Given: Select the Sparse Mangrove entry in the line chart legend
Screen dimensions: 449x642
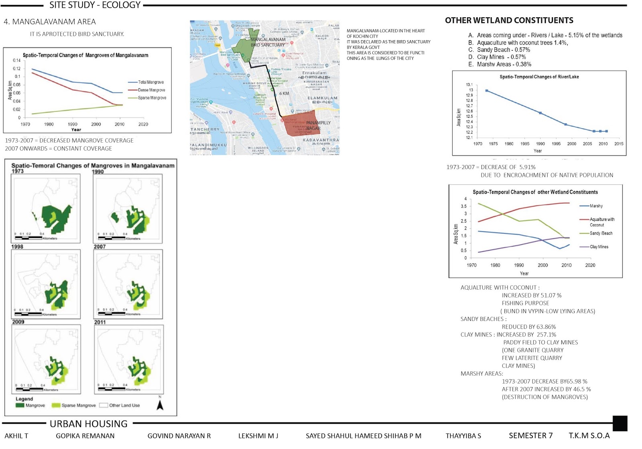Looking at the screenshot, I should [x=152, y=98].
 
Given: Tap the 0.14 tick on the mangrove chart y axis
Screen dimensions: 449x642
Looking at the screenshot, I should [x=16, y=61].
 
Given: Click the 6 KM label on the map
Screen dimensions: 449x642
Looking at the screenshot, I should [x=284, y=94].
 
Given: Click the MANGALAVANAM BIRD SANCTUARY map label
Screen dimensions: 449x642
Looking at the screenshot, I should [x=268, y=42].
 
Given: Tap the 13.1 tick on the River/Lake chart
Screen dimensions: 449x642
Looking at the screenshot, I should [x=469, y=85].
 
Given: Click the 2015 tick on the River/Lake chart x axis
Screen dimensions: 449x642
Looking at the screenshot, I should [x=618, y=143].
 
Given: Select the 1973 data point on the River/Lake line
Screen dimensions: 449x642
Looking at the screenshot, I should [x=487, y=91].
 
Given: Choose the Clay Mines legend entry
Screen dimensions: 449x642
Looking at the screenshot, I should [x=599, y=247].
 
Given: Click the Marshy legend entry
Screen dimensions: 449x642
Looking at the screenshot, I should [x=596, y=206].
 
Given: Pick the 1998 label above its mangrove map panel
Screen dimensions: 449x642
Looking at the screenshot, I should [x=17, y=247].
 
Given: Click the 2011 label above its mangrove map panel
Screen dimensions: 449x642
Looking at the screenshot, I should [x=100, y=322].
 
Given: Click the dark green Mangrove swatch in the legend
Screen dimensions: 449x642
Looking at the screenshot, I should [x=20, y=405].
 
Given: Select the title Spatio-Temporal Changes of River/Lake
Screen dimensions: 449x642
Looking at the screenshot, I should [x=539, y=77].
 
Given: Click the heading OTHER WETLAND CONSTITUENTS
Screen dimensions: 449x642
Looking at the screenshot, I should [x=509, y=20].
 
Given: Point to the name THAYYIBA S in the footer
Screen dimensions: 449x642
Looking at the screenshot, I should [x=463, y=436].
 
